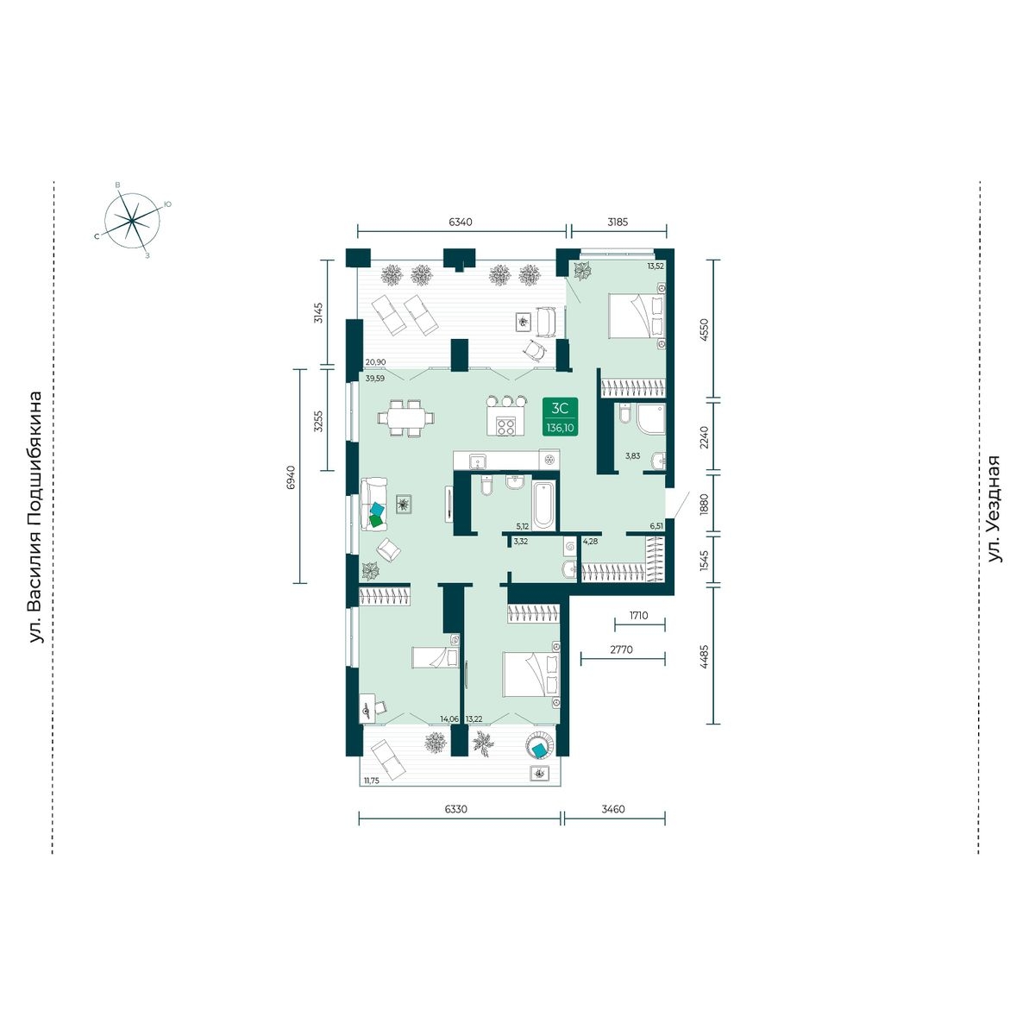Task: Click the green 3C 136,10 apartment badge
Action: (561, 416)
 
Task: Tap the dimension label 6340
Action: (461, 222)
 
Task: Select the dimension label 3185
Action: (618, 222)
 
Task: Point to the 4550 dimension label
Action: (704, 328)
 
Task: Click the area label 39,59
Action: (375, 378)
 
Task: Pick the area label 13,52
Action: (655, 266)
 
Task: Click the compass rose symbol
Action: (132, 220)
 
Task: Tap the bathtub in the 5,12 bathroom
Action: (543, 505)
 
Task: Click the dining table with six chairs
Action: (405, 417)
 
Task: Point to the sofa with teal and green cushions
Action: (373, 504)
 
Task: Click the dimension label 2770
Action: (622, 649)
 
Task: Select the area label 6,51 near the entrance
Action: (655, 526)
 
